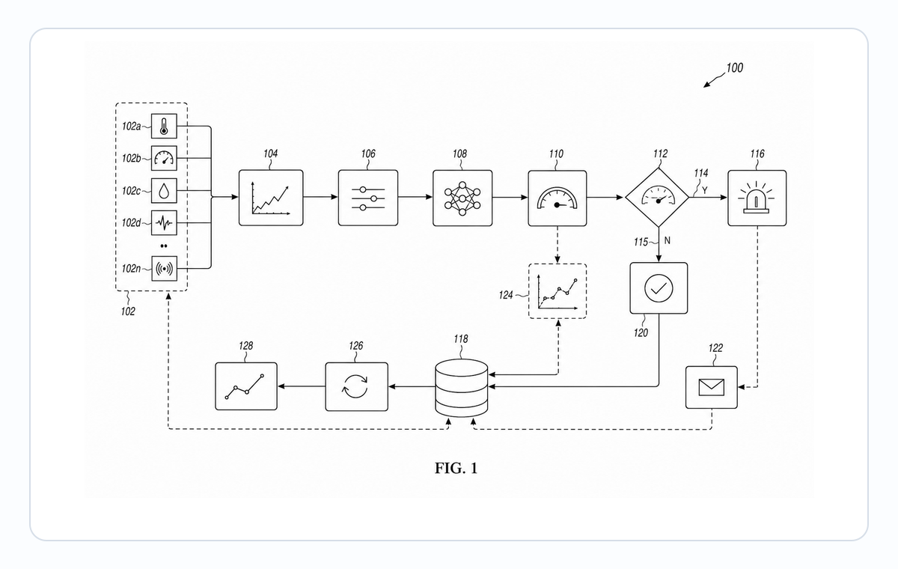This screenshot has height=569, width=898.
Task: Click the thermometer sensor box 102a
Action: point(164,126)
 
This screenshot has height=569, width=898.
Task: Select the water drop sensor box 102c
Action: point(164,190)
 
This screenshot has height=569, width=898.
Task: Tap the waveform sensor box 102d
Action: point(164,222)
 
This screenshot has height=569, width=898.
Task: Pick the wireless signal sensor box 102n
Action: point(164,268)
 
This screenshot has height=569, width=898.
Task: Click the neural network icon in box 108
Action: point(462,198)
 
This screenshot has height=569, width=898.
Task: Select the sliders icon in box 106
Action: point(368,198)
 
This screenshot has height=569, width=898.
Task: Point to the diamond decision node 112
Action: point(658,198)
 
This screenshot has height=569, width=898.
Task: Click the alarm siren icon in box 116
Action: point(756,198)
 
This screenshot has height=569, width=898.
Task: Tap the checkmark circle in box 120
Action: point(659,288)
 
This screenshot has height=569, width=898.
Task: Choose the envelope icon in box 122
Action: point(711,387)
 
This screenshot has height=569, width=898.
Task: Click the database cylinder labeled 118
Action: point(462,388)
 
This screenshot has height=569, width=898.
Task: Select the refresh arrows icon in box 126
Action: point(355,386)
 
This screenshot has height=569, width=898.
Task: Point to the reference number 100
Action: point(734,68)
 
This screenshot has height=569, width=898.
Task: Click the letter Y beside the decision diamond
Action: point(705,190)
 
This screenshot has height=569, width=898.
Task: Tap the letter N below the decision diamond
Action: point(667,240)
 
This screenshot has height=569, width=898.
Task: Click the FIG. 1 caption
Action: point(456,468)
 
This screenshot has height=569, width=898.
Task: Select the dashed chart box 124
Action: point(558,291)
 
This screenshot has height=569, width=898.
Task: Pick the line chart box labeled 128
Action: point(246,386)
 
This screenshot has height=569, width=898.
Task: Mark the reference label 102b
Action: point(132,159)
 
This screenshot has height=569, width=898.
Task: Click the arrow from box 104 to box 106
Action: point(321,197)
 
